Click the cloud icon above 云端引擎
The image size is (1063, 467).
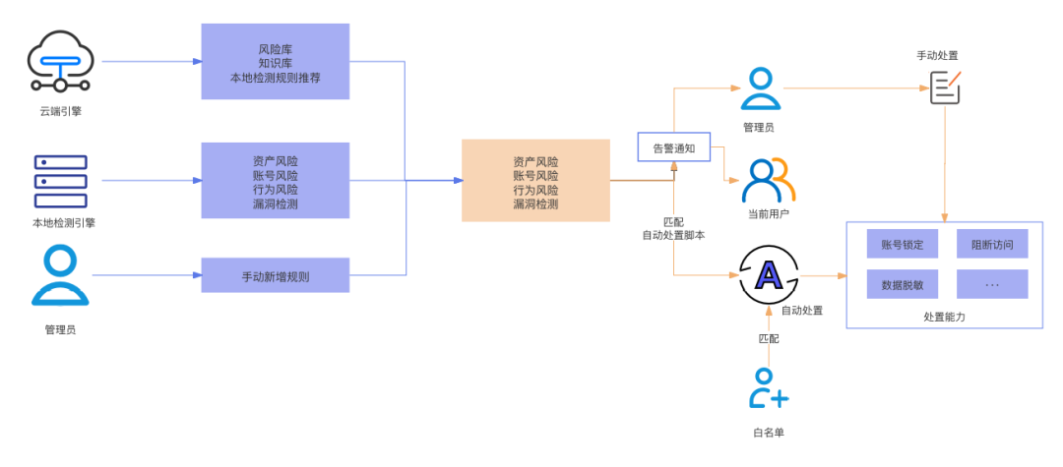tap(61, 61)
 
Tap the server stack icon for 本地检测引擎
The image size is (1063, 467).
tap(61, 179)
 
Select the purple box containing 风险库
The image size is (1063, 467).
tap(276, 61)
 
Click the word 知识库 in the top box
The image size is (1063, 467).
tap(276, 62)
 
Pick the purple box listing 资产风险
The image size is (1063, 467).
tap(276, 181)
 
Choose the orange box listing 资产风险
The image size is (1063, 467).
tap(535, 181)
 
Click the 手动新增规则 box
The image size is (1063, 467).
tap(276, 276)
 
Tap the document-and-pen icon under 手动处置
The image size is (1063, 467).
tap(945, 87)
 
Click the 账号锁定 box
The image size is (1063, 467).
tap(903, 243)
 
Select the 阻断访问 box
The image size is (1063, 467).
tap(992, 243)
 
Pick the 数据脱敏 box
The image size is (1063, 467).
tap(903, 284)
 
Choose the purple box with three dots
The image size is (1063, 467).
tap(992, 284)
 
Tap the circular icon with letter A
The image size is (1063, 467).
tap(767, 276)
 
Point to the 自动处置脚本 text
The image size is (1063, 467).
tap(673, 236)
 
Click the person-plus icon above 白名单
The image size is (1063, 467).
tap(768, 388)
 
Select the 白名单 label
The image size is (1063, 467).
tap(768, 433)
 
